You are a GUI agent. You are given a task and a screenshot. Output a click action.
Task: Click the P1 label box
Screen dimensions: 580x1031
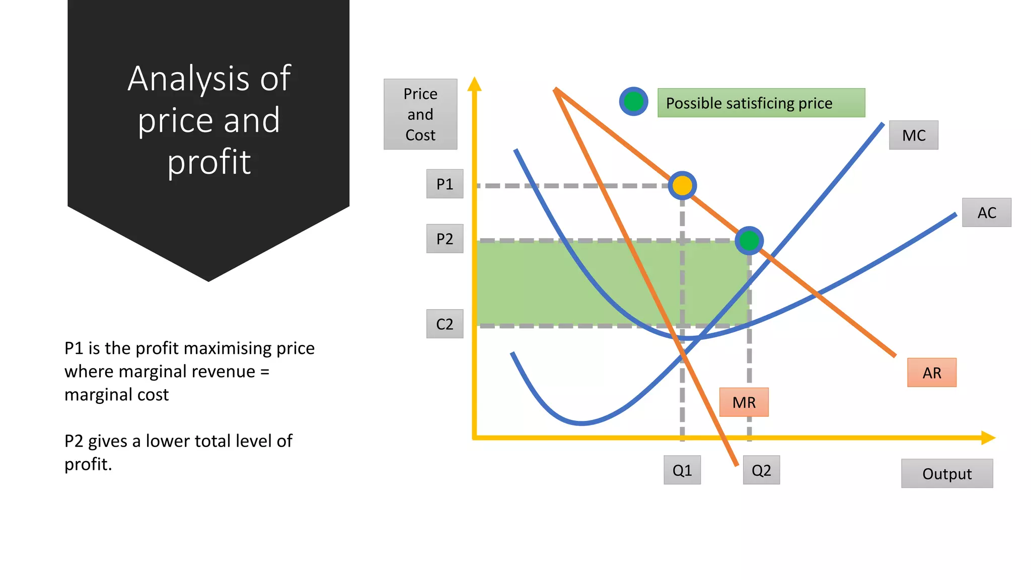tap(445, 184)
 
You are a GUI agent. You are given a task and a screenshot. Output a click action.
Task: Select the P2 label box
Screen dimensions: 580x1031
tap(445, 239)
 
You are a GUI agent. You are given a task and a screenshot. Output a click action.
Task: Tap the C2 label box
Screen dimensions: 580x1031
tap(445, 324)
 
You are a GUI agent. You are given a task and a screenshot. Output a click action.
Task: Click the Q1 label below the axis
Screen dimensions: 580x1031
tap(682, 470)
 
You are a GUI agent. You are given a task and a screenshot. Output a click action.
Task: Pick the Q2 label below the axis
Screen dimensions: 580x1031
tap(761, 470)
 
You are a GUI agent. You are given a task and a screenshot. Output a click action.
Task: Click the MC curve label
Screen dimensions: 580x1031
tap(913, 135)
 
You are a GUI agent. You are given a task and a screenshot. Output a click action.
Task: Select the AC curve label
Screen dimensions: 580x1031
tap(986, 212)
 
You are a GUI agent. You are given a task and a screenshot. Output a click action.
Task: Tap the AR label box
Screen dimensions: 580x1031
tap(931, 373)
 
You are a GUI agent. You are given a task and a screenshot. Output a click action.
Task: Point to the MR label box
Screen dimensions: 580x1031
tap(744, 402)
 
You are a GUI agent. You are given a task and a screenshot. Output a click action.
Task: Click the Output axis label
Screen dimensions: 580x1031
tap(946, 474)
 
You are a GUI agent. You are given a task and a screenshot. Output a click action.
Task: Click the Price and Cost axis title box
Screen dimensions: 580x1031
tap(420, 114)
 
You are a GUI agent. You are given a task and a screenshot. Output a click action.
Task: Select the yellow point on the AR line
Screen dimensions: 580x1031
tap(682, 186)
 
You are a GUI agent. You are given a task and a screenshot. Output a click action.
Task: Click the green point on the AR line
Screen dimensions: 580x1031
tap(749, 241)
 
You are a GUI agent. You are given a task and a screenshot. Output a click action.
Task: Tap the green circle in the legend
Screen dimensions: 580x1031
tap(633, 102)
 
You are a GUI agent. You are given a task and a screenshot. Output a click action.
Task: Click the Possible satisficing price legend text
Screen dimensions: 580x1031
tap(749, 103)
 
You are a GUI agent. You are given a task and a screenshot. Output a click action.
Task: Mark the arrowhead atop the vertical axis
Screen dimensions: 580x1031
tap(474, 85)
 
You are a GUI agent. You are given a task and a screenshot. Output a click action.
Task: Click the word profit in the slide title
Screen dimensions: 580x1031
tap(209, 162)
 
